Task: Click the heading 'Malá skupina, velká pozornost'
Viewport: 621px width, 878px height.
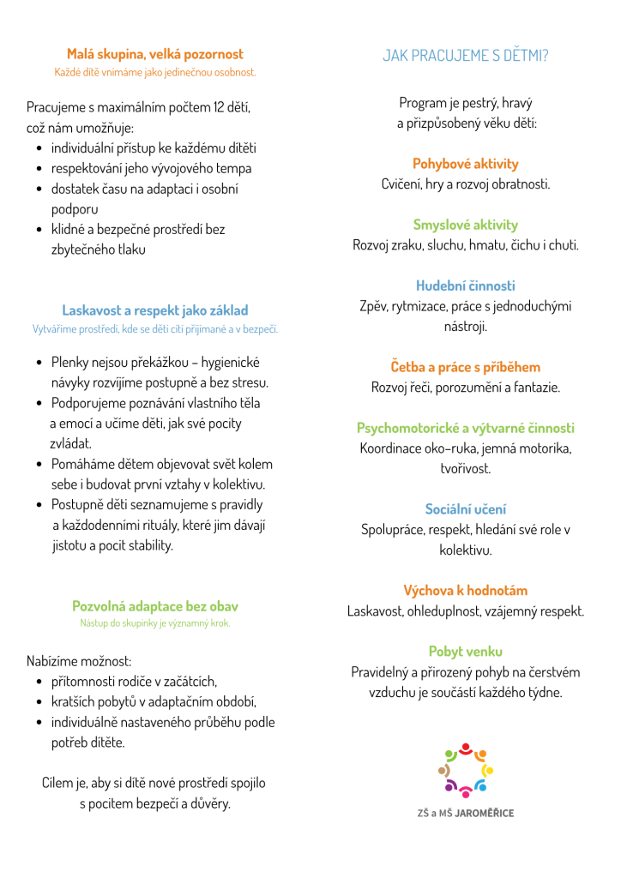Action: pos(155,54)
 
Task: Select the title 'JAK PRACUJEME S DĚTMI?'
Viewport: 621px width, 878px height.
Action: pos(466,57)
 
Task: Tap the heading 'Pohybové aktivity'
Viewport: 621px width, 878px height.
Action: pos(466,164)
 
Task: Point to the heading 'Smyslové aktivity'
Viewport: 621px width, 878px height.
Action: pos(466,225)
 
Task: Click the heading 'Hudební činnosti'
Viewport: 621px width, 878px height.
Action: pos(466,286)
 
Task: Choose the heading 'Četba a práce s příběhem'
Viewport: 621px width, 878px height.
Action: pos(466,367)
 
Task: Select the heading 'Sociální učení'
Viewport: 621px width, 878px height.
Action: pos(466,509)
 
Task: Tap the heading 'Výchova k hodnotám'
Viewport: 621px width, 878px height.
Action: pos(466,591)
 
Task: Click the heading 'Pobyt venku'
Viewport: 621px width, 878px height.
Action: pos(466,652)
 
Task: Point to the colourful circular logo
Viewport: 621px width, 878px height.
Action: pos(466,770)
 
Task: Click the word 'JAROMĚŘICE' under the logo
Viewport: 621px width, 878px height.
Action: pos(485,813)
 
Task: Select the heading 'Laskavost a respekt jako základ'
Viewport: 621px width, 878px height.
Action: pos(155,310)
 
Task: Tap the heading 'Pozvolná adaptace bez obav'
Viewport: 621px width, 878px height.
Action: pos(155,606)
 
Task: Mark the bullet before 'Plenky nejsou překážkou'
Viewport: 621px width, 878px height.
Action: pos(40,363)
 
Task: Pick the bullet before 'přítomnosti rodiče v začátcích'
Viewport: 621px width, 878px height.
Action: pos(40,682)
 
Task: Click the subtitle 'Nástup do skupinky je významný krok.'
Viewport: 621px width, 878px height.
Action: pos(155,623)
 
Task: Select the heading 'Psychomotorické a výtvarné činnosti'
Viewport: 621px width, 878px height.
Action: pos(466,428)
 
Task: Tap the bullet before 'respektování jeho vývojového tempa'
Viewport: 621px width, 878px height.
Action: pos(40,169)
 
